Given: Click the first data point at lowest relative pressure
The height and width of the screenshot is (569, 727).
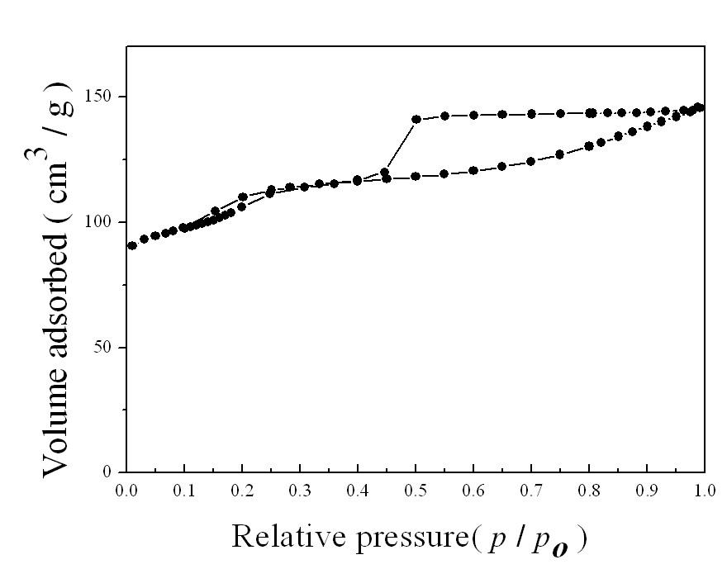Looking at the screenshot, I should pos(132,245).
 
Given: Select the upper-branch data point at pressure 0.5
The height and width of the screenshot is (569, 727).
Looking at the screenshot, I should pos(416,119).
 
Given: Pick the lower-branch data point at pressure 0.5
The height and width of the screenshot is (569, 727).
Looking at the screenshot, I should pos(416,176).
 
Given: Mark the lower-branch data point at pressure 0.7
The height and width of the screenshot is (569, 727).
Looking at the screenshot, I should pos(531,161).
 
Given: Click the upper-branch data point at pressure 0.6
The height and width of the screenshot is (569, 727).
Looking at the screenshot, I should pos(473,115).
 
